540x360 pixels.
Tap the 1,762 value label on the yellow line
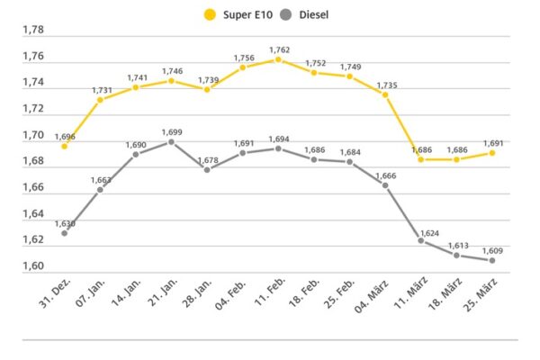278,49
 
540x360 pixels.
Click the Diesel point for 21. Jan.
172,141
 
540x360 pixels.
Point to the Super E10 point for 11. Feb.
278,59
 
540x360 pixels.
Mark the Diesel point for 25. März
492,260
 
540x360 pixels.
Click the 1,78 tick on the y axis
32,29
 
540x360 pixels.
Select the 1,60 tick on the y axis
32,266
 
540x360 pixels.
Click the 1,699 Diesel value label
172,131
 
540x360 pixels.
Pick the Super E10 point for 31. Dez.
65,146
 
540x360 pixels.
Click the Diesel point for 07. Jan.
100,189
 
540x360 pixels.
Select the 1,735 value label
384,84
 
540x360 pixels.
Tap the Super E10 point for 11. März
420,159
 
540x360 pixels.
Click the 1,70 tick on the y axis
32,135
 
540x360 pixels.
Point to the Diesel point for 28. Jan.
207,169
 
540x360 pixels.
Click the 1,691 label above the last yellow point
492,142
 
